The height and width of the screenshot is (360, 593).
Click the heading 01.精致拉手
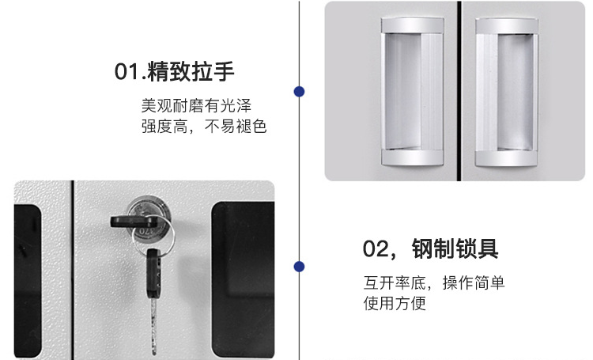pos(175,70)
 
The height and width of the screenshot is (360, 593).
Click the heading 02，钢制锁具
pos(430,248)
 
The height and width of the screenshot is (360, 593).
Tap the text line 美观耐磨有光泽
pos(196,105)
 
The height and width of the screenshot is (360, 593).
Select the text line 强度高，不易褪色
pos(204,126)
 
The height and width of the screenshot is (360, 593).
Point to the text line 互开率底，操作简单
pos(434,282)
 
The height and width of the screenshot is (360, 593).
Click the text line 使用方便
pos(395,303)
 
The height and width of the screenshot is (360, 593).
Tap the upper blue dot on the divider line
pos(299,92)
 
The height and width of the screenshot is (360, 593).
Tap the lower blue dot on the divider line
pos(299,267)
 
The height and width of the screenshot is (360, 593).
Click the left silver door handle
pos(412,91)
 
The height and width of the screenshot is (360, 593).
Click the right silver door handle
pos(506,91)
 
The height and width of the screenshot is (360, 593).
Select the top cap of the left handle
pos(412,25)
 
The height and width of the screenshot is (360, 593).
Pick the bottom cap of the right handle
pos(506,158)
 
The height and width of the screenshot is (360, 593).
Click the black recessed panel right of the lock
pos(243,279)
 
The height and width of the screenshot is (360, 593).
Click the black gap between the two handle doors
pos(459,91)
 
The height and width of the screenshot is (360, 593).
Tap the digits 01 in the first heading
pos(127,71)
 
